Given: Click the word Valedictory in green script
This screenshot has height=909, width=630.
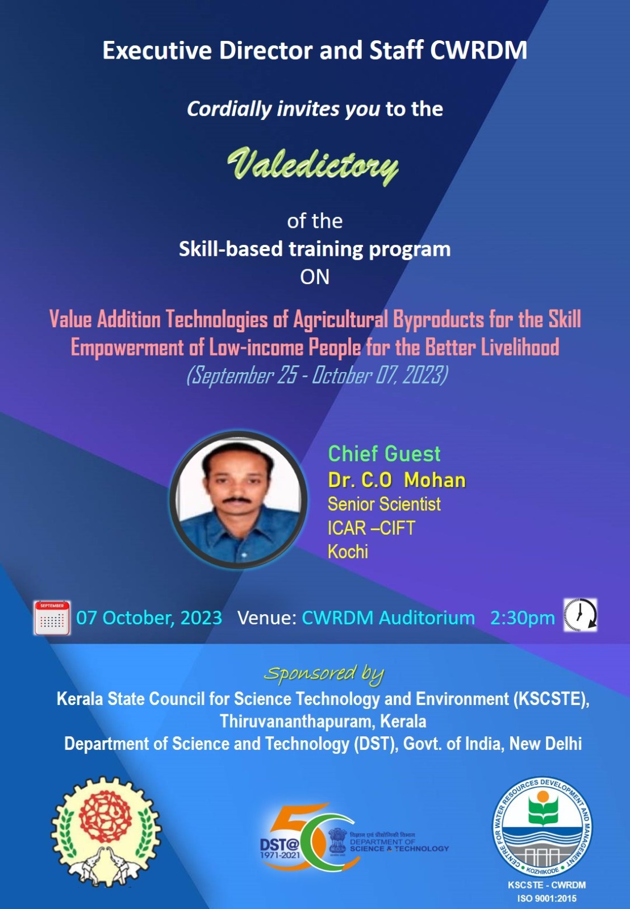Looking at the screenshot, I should coord(313,165).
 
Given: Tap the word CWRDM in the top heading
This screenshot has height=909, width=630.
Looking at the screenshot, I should coord(478,51).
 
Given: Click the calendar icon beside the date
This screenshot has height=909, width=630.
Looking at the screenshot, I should coord(52,618).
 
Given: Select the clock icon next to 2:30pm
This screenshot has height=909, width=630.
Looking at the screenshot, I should coord(580,615).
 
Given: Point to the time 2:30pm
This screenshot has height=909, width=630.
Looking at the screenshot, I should coord(522,618).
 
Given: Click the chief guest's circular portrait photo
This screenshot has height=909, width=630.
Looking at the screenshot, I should coord(239,500).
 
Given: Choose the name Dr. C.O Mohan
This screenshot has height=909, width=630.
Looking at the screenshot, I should coord(397,481).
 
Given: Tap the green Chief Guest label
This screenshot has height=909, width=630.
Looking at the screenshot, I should coord(384,454).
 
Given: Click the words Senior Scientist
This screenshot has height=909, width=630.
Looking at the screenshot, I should coord(384,504).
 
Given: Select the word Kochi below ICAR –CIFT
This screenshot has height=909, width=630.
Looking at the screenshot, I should coord(348,552).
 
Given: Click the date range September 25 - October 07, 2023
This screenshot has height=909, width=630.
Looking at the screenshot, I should coord(317,375).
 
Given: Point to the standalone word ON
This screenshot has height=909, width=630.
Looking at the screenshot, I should coord(315,277).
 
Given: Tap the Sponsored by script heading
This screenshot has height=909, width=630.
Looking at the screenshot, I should coord(324,674).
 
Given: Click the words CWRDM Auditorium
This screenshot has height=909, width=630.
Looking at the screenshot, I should coord(388,618).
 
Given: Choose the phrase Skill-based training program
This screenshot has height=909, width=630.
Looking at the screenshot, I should coord(315,249).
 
